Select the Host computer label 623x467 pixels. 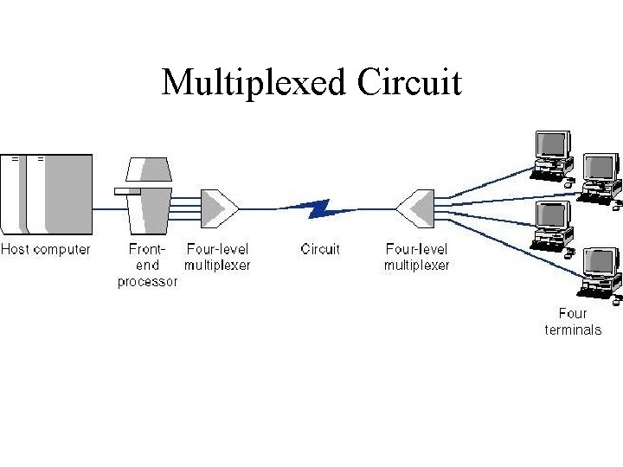click(x=45, y=250)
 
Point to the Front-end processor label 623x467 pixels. click(x=148, y=265)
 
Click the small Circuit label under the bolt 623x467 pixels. click(x=320, y=250)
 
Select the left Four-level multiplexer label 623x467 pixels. click(x=217, y=258)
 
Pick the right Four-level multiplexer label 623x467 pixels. click(x=417, y=258)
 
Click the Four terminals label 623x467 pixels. click(x=573, y=322)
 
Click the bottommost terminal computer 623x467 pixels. click(x=599, y=275)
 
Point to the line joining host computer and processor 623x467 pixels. click(x=110, y=208)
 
